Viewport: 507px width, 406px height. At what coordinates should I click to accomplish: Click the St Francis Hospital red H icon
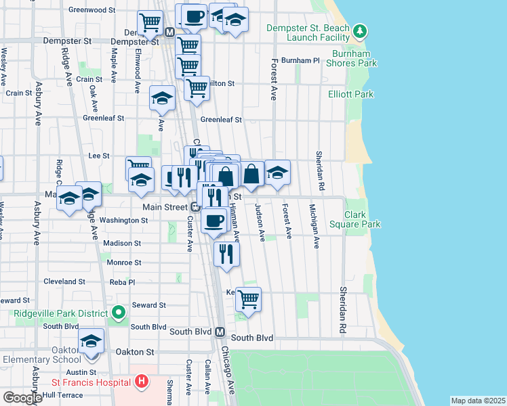point(141,382)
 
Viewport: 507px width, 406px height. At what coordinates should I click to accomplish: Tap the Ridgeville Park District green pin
point(119,313)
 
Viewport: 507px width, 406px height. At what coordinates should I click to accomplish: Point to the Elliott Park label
point(350,95)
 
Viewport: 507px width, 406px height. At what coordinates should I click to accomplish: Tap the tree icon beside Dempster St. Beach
point(361,30)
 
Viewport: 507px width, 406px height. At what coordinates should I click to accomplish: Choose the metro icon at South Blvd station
point(220,332)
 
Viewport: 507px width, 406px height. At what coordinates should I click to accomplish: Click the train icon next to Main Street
point(195,207)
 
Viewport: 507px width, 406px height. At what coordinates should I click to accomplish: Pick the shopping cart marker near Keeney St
point(249,299)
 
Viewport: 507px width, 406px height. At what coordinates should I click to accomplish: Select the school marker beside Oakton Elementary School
point(91,343)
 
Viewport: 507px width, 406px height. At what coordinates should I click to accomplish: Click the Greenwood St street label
point(92,10)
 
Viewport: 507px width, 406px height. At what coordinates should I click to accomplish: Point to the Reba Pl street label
point(122,281)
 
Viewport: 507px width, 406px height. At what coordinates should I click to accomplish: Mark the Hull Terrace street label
point(62,394)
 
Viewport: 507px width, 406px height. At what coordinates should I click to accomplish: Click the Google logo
point(22,398)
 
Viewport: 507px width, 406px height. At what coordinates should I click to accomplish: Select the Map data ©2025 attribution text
point(478,401)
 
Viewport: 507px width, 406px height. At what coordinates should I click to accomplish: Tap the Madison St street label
point(123,243)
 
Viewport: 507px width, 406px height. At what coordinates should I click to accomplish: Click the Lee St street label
point(99,156)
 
